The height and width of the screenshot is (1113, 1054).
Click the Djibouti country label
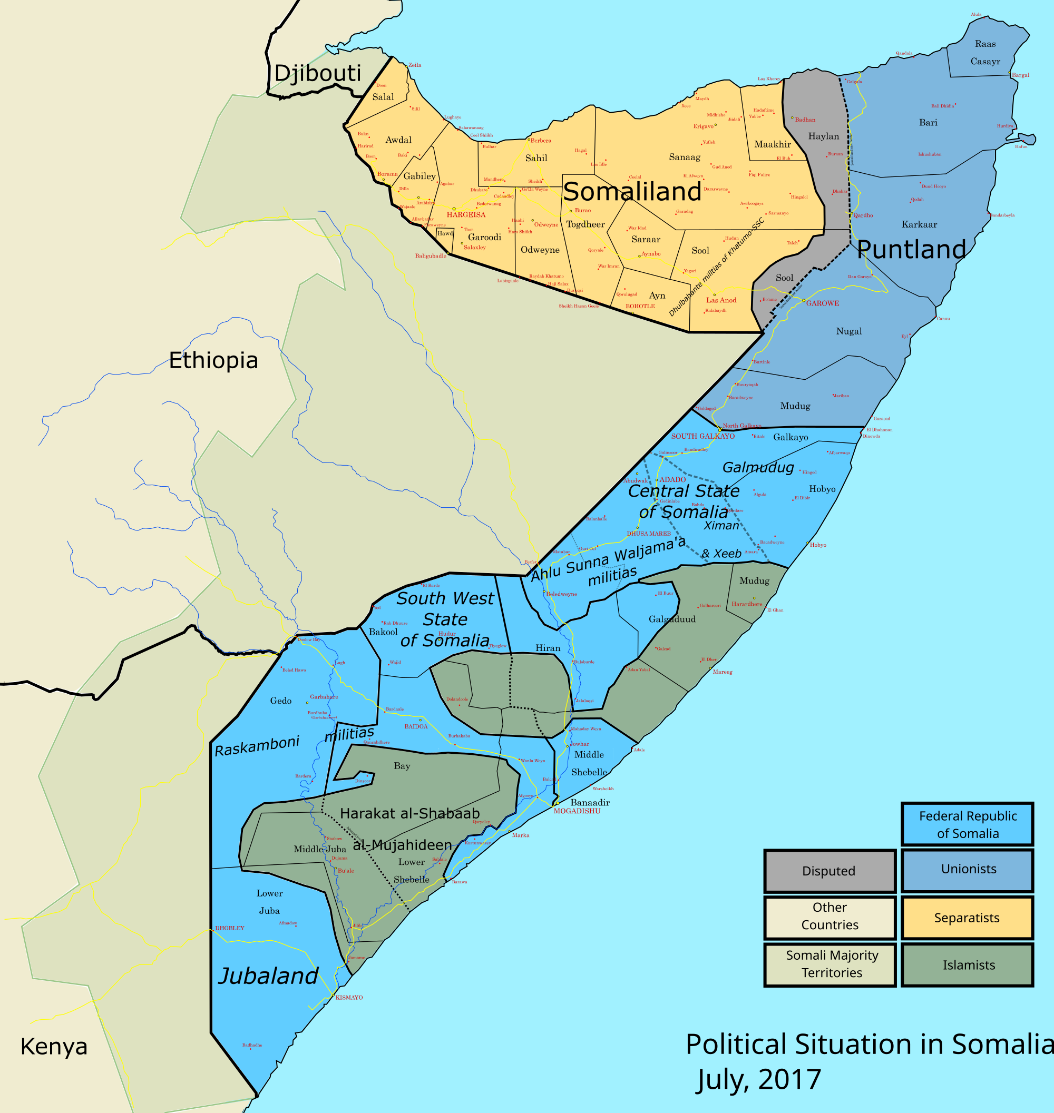[x=317, y=74]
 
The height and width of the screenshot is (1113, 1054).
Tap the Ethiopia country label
[x=213, y=360]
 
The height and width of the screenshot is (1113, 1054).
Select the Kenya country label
[x=54, y=1047]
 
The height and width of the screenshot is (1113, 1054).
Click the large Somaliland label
[x=632, y=192]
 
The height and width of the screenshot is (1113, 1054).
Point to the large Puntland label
[x=911, y=249]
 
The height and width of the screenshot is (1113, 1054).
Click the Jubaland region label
[x=269, y=976]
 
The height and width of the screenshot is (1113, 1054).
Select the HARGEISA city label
[x=466, y=215]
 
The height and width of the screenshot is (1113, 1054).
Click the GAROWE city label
[x=823, y=303]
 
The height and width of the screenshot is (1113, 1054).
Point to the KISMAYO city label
[x=349, y=998]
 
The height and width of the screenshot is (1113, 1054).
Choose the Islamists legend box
[x=968, y=966]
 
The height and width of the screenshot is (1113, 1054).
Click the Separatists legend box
[x=968, y=918]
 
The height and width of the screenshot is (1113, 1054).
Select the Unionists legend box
[x=968, y=869]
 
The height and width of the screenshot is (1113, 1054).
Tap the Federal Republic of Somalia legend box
[x=968, y=824]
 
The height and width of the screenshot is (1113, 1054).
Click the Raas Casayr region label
[x=985, y=53]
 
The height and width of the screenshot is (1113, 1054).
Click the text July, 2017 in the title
[x=758, y=1079]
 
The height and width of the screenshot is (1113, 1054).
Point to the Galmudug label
[x=758, y=467]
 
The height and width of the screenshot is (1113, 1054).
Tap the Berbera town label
[x=541, y=141]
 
